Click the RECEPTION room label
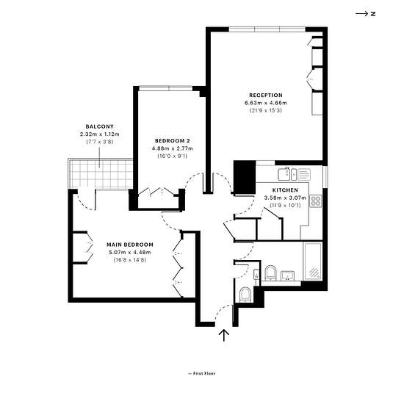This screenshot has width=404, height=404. pyautogui.click(x=266, y=95)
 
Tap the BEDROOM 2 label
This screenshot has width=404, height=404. pyautogui.click(x=173, y=141)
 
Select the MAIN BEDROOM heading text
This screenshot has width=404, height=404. pyautogui.click(x=130, y=245)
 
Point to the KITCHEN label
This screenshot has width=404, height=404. pyautogui.click(x=285, y=190)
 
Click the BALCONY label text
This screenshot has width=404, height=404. pyautogui.click(x=99, y=126)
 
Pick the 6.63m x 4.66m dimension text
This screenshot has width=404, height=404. pyautogui.click(x=266, y=103)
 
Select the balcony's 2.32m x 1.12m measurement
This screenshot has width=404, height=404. pyautogui.click(x=99, y=134)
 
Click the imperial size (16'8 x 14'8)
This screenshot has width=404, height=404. pyautogui.click(x=130, y=260)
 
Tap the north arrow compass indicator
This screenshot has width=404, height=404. pyautogui.click(x=365, y=14)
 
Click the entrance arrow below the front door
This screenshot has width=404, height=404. pyautogui.click(x=224, y=335)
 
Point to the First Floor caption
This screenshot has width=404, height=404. pyautogui.click(x=202, y=373)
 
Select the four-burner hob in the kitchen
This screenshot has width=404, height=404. pyautogui.click(x=316, y=201)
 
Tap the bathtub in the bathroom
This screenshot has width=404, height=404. pyautogui.click(x=313, y=261)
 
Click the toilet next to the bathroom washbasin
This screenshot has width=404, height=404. pyautogui.click(x=270, y=273)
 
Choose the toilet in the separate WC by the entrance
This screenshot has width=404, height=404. pyautogui.click(x=245, y=295)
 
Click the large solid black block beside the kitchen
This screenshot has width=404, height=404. pyautogui.click(x=245, y=177)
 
